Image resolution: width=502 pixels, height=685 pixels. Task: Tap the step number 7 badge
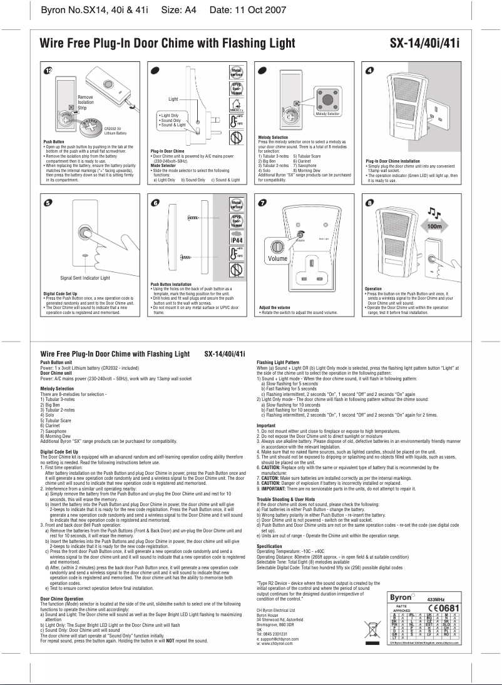click(264, 202)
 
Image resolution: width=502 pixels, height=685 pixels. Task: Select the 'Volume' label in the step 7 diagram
click(277, 258)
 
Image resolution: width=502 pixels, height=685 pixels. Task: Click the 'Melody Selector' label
click(324, 114)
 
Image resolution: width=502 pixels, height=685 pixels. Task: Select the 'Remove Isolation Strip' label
click(86, 103)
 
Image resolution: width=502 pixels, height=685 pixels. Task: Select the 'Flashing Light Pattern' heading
click(282, 362)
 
